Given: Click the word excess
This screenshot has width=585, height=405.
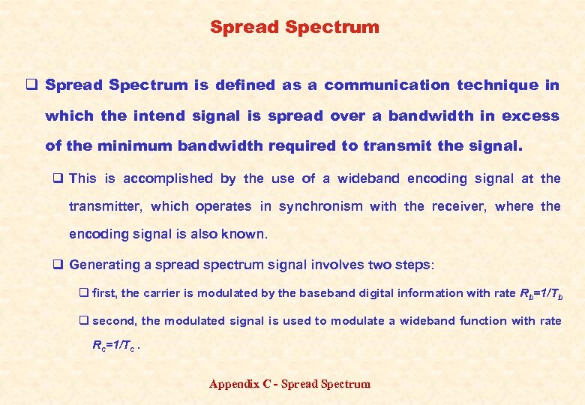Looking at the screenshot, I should (530, 116).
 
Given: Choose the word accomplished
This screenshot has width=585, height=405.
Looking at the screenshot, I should (169, 178).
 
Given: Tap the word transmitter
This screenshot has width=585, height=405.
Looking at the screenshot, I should (106, 206).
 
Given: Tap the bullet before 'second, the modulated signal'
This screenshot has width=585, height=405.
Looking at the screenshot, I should (84, 321).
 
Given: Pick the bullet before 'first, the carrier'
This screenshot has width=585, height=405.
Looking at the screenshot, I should (84, 294).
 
